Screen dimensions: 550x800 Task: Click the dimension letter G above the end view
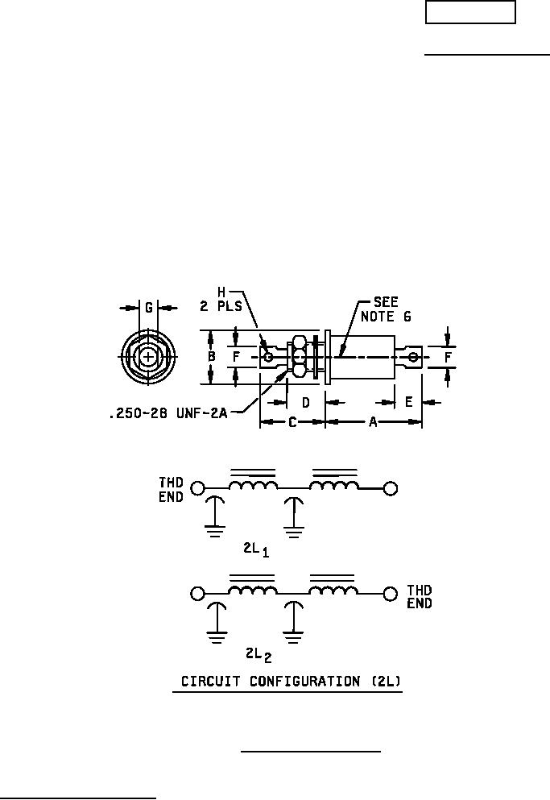click(x=148, y=308)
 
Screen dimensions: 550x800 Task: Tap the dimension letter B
click(x=212, y=356)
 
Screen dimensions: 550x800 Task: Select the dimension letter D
click(x=306, y=403)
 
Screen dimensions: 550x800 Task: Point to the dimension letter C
click(x=292, y=422)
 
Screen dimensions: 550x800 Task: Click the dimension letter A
click(x=373, y=422)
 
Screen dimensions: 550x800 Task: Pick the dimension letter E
click(x=408, y=402)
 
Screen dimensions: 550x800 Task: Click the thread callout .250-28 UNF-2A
click(x=168, y=412)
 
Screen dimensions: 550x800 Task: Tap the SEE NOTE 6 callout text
click(x=386, y=309)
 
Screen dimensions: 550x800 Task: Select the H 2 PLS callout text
click(x=221, y=300)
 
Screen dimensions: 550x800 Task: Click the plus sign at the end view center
click(x=148, y=356)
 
